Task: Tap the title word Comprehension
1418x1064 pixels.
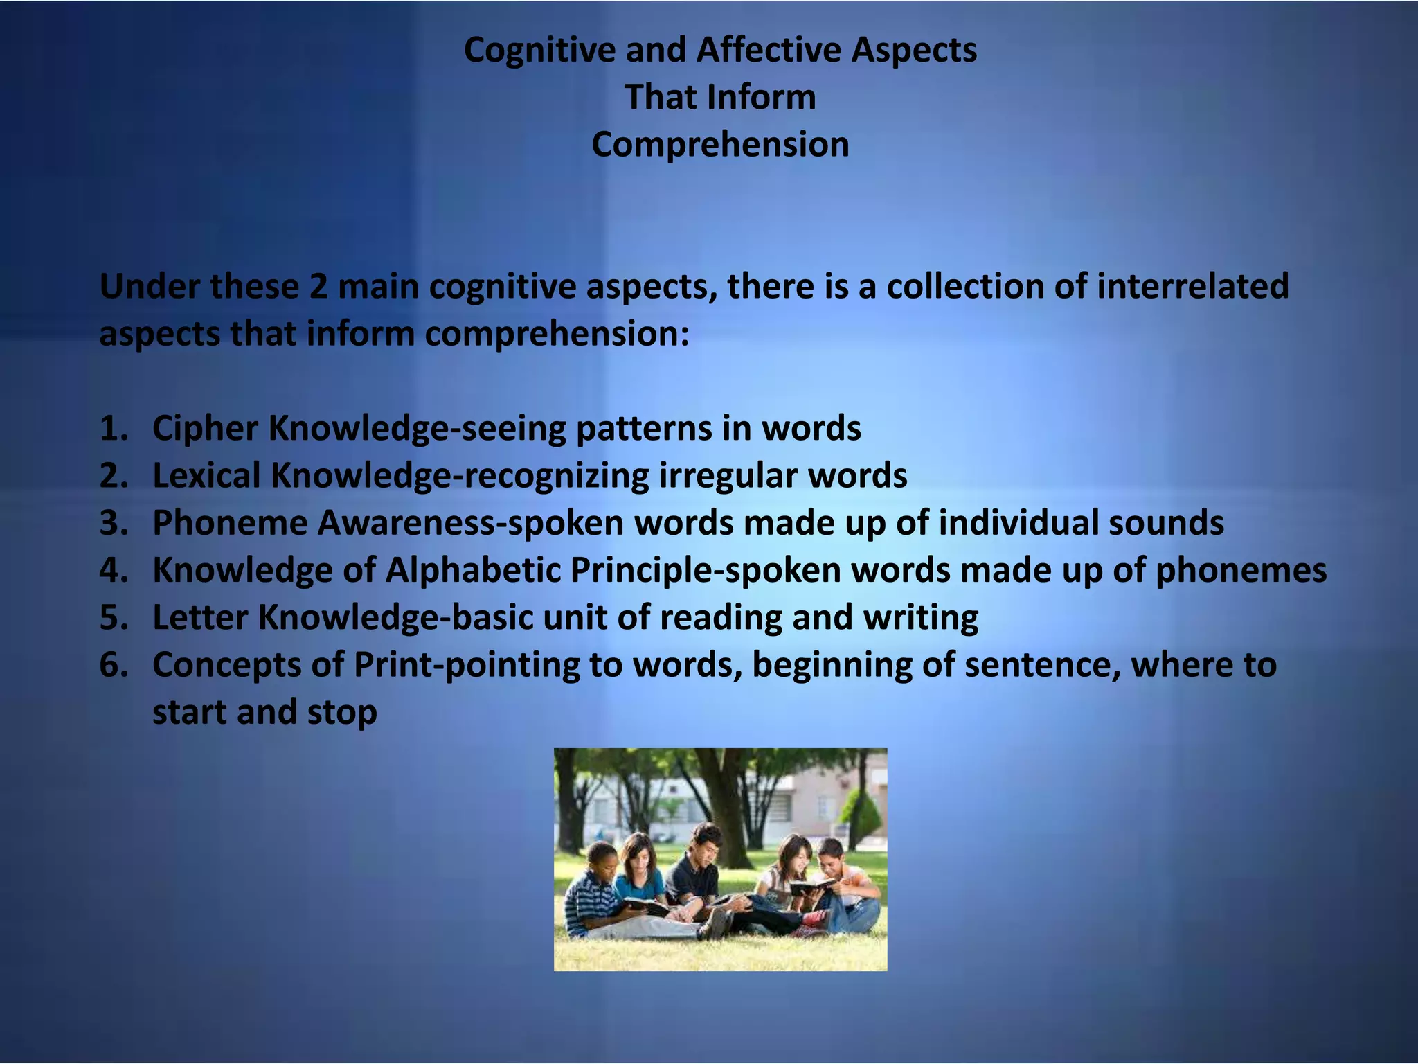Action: (x=720, y=145)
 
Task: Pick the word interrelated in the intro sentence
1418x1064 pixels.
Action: (x=1192, y=287)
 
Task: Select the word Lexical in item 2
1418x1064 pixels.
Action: (x=206, y=476)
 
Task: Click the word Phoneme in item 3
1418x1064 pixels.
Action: (x=230, y=523)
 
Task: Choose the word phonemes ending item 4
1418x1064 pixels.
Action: (x=1241, y=571)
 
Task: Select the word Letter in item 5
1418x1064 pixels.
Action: (x=200, y=618)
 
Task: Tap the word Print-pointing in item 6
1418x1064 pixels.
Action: (x=467, y=665)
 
